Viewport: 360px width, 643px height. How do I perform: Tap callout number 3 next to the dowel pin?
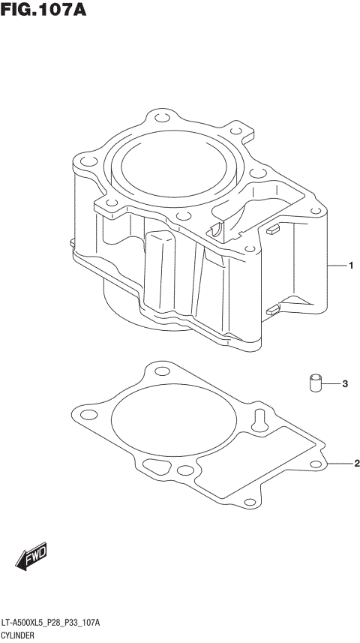[x=345, y=384]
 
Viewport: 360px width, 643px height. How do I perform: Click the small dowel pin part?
[x=315, y=382]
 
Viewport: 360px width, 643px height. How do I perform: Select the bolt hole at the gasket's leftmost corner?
[x=77, y=413]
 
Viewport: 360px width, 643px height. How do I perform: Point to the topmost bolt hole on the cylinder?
[x=160, y=117]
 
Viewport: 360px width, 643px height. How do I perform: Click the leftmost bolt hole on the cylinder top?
[x=82, y=159]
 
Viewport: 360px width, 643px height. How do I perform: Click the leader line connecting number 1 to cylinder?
[x=335, y=266]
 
